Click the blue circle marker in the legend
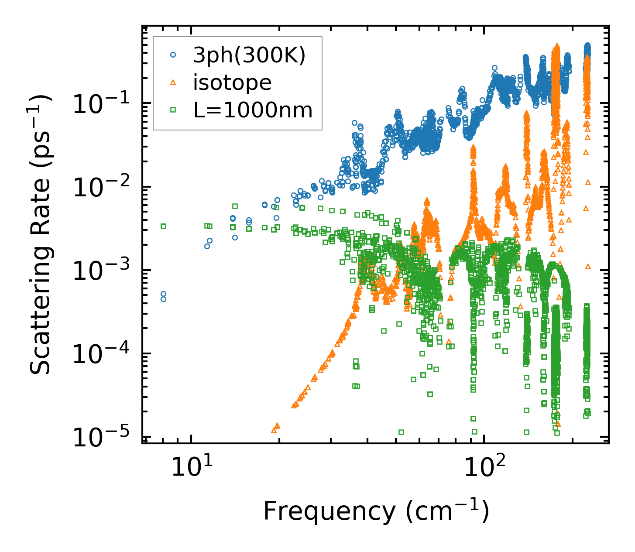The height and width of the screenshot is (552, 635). pos(173,55)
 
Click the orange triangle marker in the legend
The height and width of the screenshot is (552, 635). pos(173,82)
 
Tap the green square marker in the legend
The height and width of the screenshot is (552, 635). pos(173,110)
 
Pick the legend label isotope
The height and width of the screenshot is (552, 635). pos(232,82)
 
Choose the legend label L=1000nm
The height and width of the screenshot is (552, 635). pos(253,110)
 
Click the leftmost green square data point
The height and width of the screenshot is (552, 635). pos(163,226)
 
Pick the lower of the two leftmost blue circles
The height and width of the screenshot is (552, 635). pos(163,299)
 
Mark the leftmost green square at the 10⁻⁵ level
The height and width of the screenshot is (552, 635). pos(401,432)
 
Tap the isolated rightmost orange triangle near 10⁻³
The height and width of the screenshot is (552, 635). pos(588,266)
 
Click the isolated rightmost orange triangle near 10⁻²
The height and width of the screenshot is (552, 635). pos(588,182)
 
